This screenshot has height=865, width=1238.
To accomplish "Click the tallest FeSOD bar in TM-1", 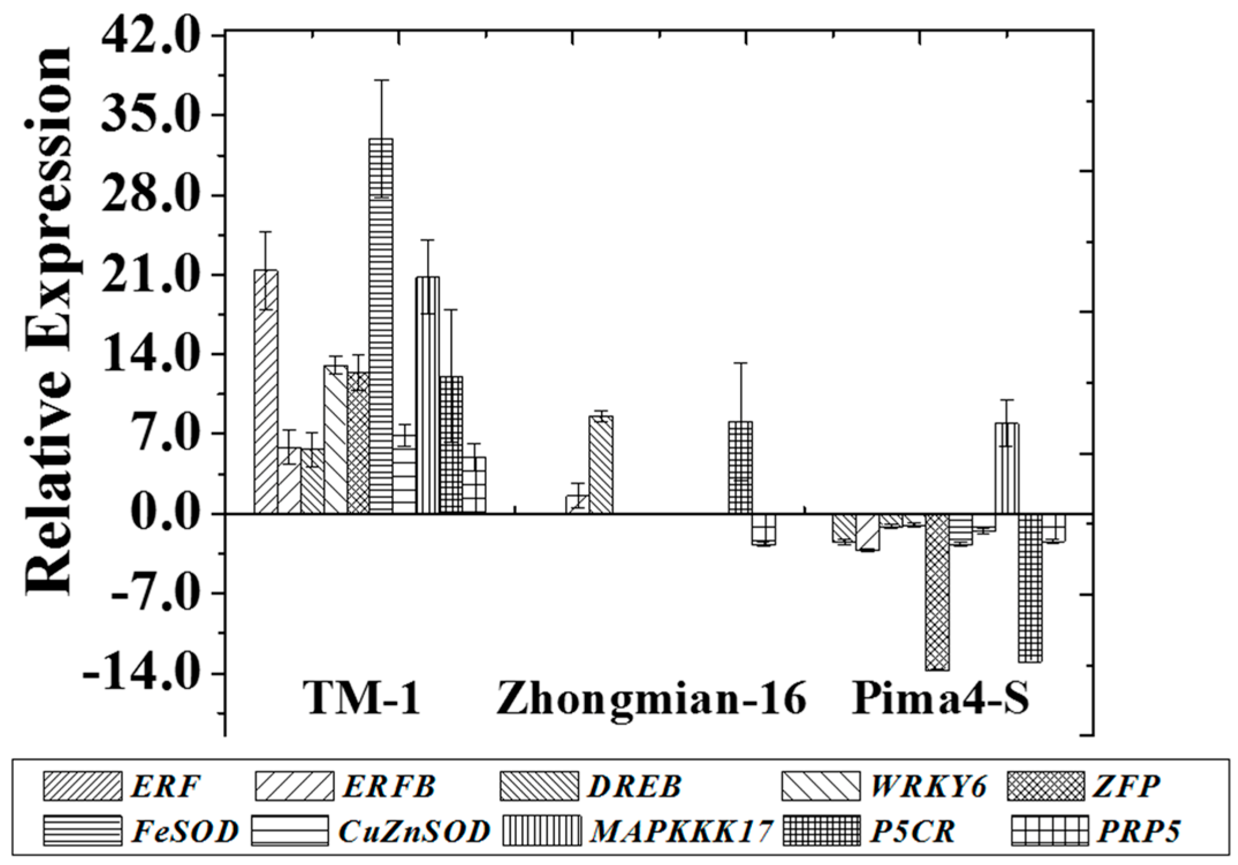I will [381, 326].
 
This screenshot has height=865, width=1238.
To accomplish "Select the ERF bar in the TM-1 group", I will [266, 391].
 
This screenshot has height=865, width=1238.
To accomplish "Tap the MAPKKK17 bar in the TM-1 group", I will [428, 395].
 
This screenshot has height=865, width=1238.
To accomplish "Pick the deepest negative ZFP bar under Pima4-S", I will [937, 592].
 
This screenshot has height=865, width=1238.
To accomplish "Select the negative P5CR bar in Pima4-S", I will [1030, 588].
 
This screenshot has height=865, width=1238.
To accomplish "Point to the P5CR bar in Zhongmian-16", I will [740, 467].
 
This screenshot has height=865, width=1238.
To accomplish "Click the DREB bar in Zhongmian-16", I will [601, 464].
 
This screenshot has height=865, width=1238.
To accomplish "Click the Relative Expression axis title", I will [49, 321].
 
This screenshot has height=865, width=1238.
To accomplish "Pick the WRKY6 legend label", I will [928, 786].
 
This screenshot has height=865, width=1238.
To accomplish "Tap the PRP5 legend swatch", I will [1050, 830].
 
